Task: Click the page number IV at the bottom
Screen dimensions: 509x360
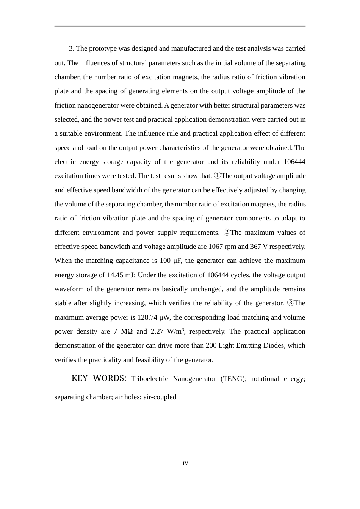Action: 185,463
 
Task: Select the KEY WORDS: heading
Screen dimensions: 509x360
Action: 99,378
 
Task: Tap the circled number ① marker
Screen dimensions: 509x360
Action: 218,176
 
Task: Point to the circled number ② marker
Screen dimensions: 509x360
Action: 227,232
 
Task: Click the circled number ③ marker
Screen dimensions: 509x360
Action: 291,303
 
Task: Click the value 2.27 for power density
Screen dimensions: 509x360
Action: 157,331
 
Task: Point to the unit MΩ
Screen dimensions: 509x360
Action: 127,331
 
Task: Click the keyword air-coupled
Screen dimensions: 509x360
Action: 160,397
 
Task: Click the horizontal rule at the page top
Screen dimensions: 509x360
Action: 180,26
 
